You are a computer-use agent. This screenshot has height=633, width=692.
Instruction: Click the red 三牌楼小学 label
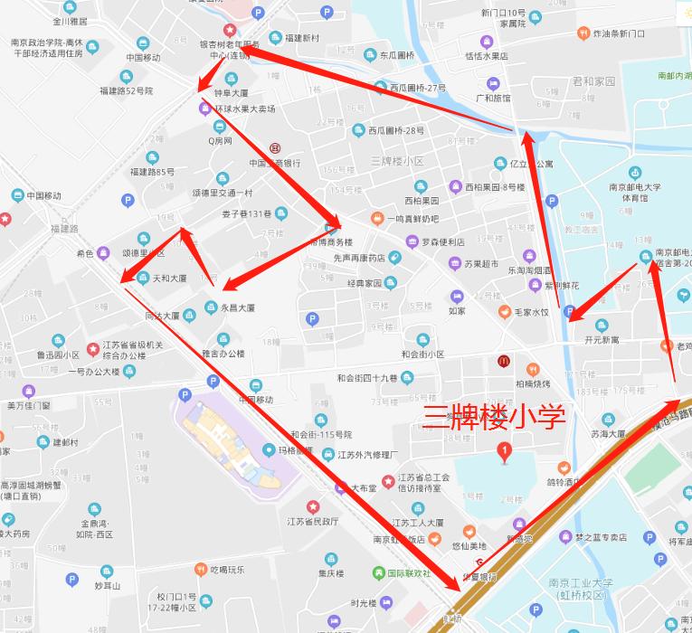pyautogui.click(x=495, y=417)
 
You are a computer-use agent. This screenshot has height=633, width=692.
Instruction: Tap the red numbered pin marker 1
pyautogui.click(x=505, y=449)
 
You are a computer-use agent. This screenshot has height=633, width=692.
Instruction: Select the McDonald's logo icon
pyautogui.click(x=502, y=361)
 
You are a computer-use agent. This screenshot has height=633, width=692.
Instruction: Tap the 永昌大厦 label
pyautogui.click(x=237, y=307)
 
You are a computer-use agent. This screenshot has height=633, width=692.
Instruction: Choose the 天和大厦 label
pyautogui.click(x=168, y=278)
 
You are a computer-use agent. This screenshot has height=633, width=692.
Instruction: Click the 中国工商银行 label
pyautogui.click(x=274, y=164)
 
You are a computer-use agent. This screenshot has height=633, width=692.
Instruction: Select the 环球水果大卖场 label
pyautogui.click(x=244, y=109)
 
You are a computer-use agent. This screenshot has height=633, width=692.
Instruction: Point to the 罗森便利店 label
pyautogui.click(x=443, y=241)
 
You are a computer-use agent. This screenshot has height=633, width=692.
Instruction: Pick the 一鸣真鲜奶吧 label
pyautogui.click(x=412, y=219)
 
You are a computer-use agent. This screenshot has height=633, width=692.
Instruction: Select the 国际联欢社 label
pyautogui.click(x=408, y=573)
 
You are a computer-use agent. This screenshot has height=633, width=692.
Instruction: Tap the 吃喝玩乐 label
pyautogui.click(x=227, y=570)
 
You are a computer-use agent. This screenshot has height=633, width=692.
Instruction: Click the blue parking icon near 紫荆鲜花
pyautogui.click(x=569, y=312)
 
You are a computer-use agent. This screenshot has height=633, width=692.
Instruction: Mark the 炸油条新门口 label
pyautogui.click(x=619, y=33)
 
